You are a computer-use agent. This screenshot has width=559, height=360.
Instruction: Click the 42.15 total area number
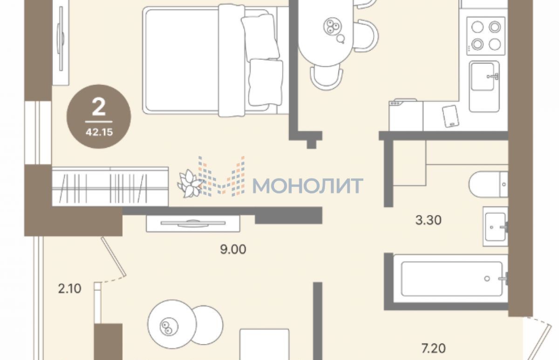[99, 132]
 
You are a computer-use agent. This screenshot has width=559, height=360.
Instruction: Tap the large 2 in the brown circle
[99, 107]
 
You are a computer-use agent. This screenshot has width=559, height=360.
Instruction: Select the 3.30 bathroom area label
[428, 220]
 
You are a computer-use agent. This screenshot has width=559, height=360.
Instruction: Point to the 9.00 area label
[233, 249]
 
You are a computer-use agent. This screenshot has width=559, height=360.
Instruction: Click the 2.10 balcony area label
[69, 289]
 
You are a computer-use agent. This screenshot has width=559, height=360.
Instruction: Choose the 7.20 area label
[434, 348]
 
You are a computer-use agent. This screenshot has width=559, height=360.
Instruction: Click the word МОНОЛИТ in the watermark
[308, 186]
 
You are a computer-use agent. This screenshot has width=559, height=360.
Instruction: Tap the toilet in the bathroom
[488, 184]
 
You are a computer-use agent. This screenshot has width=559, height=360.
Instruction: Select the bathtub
[451, 278]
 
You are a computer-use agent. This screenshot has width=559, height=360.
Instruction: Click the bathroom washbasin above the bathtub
[495, 226]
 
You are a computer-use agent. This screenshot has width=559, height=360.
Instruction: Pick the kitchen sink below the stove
[484, 86]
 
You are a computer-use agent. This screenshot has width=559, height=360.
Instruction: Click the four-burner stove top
[486, 36]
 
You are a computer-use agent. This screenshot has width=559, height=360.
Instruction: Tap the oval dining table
[326, 33]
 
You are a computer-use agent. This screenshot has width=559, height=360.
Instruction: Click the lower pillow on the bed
[266, 82]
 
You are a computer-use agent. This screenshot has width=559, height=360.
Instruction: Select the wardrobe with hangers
[110, 187]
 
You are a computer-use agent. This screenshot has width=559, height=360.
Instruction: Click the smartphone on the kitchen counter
[450, 116]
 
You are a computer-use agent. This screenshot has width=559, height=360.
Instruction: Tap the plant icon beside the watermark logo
[190, 183]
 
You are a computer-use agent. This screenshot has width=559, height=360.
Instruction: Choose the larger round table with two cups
[172, 324]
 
